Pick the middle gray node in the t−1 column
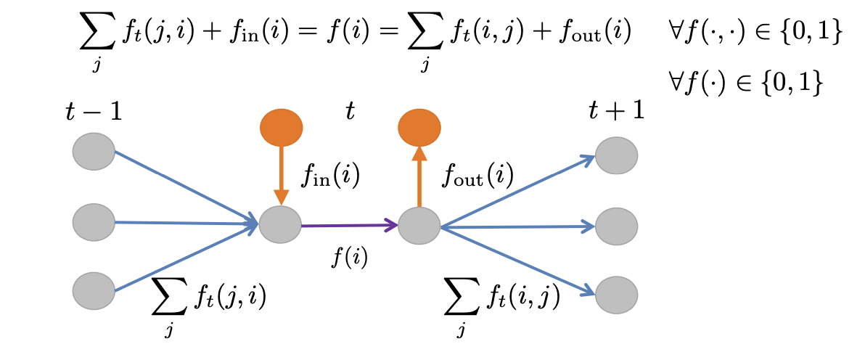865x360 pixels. point(94,222)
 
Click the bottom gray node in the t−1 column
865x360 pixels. point(94,290)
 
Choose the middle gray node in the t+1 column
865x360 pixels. point(617,226)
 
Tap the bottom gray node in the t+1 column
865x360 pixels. point(617,295)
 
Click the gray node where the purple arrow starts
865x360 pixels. point(280,225)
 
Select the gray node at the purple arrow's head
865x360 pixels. point(419,225)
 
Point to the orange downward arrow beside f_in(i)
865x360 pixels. point(282,174)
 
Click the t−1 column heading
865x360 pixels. point(93,112)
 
